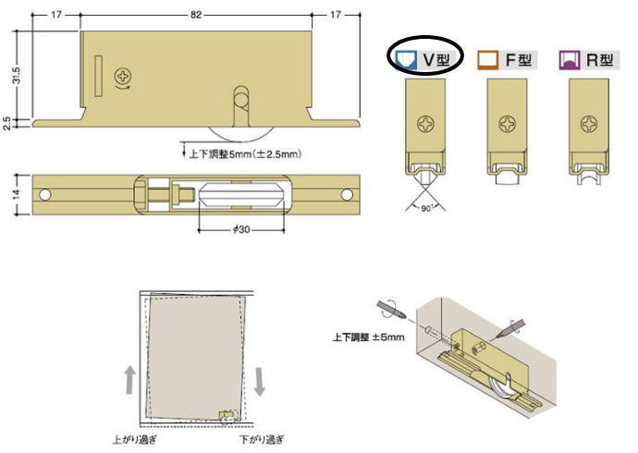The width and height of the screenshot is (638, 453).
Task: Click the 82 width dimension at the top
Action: pyautogui.click(x=196, y=15)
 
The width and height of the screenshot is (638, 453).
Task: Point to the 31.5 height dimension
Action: pyautogui.click(x=17, y=75)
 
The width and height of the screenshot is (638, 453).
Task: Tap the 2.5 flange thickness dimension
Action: pyautogui.click(x=6, y=123)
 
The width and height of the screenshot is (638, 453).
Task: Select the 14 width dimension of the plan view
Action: pyautogui.click(x=17, y=194)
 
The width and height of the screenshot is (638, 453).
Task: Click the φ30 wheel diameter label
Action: pyautogui.click(x=241, y=230)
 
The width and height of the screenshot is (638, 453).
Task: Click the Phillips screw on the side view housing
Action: pyautogui.click(x=123, y=76)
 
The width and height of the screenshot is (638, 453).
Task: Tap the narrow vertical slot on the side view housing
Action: pyautogui.click(x=98, y=76)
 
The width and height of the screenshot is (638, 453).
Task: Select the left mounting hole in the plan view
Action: pyautogui.click(x=45, y=195)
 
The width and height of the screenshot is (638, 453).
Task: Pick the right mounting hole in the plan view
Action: pyautogui.click(x=347, y=195)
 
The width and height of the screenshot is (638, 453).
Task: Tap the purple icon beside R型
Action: pyautogui.click(x=570, y=60)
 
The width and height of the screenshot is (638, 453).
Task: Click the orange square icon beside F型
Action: pyautogui.click(x=488, y=60)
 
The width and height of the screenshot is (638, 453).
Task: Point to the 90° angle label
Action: pyautogui.click(x=426, y=208)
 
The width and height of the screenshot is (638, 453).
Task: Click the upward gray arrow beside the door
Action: pyautogui.click(x=129, y=379)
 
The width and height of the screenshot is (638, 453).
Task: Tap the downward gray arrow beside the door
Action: pyautogui.click(x=259, y=382)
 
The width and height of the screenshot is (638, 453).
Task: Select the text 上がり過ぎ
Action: pyautogui.click(x=134, y=439)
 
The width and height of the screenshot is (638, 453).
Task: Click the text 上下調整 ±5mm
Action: pyautogui.click(x=369, y=337)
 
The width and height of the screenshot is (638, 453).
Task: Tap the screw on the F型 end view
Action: pyautogui.click(x=508, y=124)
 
